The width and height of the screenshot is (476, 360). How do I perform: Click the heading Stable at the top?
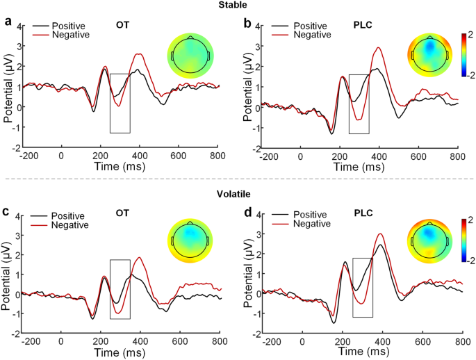coord(237,6)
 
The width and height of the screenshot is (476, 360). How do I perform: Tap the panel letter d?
coord(248,213)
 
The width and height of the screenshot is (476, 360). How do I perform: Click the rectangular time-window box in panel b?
coord(359,104)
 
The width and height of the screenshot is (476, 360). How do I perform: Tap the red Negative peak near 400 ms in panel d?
coord(379,234)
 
